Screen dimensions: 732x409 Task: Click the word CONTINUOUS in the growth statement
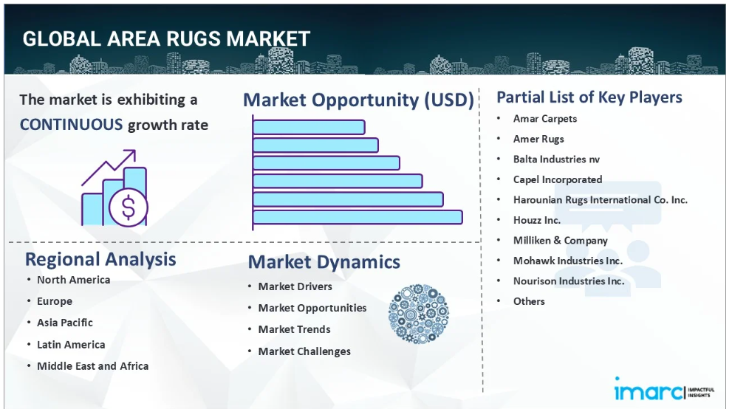click(x=71, y=125)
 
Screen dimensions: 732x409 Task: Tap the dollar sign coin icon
click(x=129, y=207)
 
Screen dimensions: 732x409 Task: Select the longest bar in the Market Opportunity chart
click(x=358, y=217)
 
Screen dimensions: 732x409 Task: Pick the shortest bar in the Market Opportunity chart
click(x=309, y=127)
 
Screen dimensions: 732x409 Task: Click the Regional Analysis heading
click(x=100, y=259)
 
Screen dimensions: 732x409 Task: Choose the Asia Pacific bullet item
click(x=65, y=323)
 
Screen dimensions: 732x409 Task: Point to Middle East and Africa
click(x=93, y=366)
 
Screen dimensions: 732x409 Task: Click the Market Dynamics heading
click(x=324, y=262)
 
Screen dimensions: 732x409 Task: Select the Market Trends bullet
click(x=294, y=329)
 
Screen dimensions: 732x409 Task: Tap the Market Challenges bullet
click(x=304, y=351)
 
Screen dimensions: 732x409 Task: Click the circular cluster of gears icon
click(x=418, y=314)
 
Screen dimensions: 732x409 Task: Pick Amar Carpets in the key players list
click(x=545, y=119)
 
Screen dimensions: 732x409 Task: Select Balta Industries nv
click(x=556, y=159)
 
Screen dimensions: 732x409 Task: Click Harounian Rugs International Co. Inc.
click(x=601, y=200)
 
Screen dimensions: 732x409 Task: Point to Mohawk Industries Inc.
click(x=568, y=261)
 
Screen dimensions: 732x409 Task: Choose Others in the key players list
click(x=529, y=301)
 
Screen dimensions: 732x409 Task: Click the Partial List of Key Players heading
click(x=589, y=97)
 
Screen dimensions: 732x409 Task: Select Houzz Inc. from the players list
click(x=537, y=220)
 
